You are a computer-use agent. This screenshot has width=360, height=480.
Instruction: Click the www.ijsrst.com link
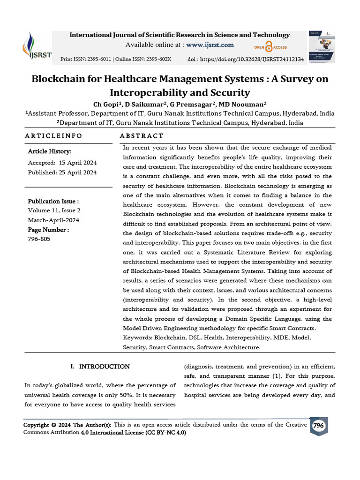pyautogui.click(x=210, y=45)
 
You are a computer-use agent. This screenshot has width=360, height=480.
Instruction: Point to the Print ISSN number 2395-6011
pyautogui.click(x=99, y=60)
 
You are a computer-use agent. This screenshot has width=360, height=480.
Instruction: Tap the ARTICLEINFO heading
pyautogui.click(x=53, y=136)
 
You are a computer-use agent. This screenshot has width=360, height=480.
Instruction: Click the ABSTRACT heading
pyautogui.click(x=142, y=136)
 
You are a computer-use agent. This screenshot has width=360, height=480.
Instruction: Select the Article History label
pyautogui.click(x=50, y=151)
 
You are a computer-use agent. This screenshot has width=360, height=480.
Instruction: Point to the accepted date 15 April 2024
pyautogui.click(x=78, y=163)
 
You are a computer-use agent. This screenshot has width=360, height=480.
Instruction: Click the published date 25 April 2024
pyautogui.click(x=78, y=172)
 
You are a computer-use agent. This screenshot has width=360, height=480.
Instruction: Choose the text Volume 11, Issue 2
pyautogui.click(x=54, y=210)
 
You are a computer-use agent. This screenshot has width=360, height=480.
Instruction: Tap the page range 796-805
pyautogui.click(x=39, y=239)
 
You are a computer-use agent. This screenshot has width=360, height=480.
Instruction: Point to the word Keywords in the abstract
pyautogui.click(x=138, y=337)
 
